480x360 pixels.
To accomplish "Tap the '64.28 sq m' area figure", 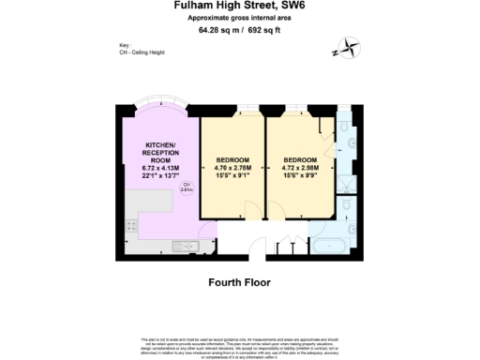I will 217,29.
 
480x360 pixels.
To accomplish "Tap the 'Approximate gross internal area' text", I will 239,18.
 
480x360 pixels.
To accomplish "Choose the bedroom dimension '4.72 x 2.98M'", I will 301,167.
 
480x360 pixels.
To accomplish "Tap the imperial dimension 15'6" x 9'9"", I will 301,174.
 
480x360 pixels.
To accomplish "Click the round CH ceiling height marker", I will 187,187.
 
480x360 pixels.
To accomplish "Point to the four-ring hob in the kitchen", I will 131,225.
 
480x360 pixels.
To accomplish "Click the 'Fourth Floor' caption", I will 239,278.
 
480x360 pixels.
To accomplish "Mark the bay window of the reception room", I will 158,110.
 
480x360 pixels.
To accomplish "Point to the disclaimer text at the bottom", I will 239,344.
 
